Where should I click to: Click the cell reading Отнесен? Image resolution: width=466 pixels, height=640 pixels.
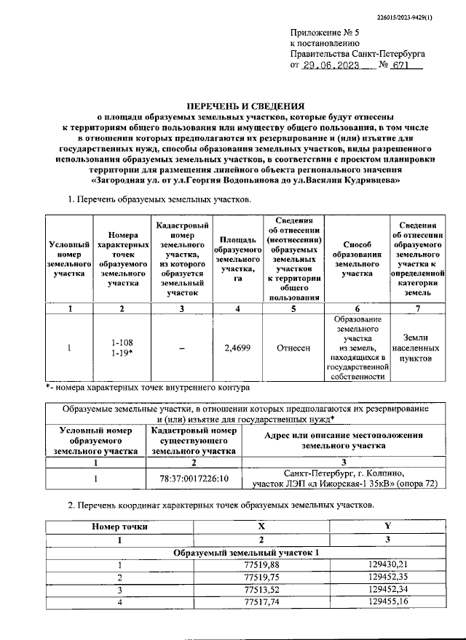(293, 348)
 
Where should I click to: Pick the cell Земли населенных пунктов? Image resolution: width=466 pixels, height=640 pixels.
(419, 348)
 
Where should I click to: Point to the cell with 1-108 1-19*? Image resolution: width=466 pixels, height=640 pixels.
(122, 347)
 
